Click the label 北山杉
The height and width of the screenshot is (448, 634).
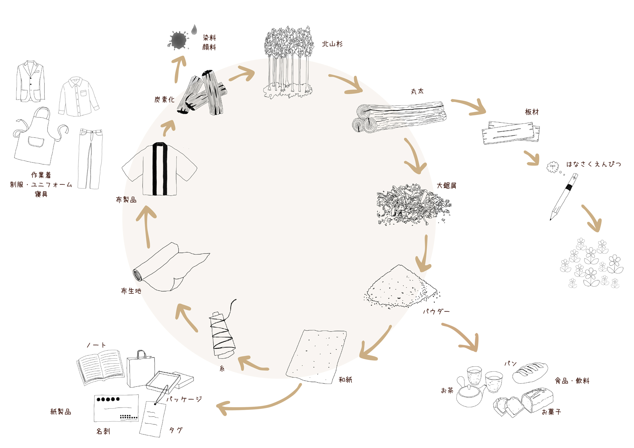[x=332, y=44]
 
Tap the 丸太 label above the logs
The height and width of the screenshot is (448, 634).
[x=417, y=91]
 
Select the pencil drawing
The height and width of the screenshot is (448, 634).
[x=564, y=197]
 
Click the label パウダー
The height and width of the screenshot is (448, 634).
[x=436, y=312]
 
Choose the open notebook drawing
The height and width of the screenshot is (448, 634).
[x=100, y=367]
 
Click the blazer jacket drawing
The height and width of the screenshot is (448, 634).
[x=30, y=81]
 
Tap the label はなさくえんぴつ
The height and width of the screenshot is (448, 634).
[x=593, y=164]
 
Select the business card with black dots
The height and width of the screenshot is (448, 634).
[x=116, y=408]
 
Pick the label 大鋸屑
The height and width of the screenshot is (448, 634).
[x=446, y=186]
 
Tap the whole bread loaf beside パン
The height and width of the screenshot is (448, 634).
[x=530, y=372]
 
